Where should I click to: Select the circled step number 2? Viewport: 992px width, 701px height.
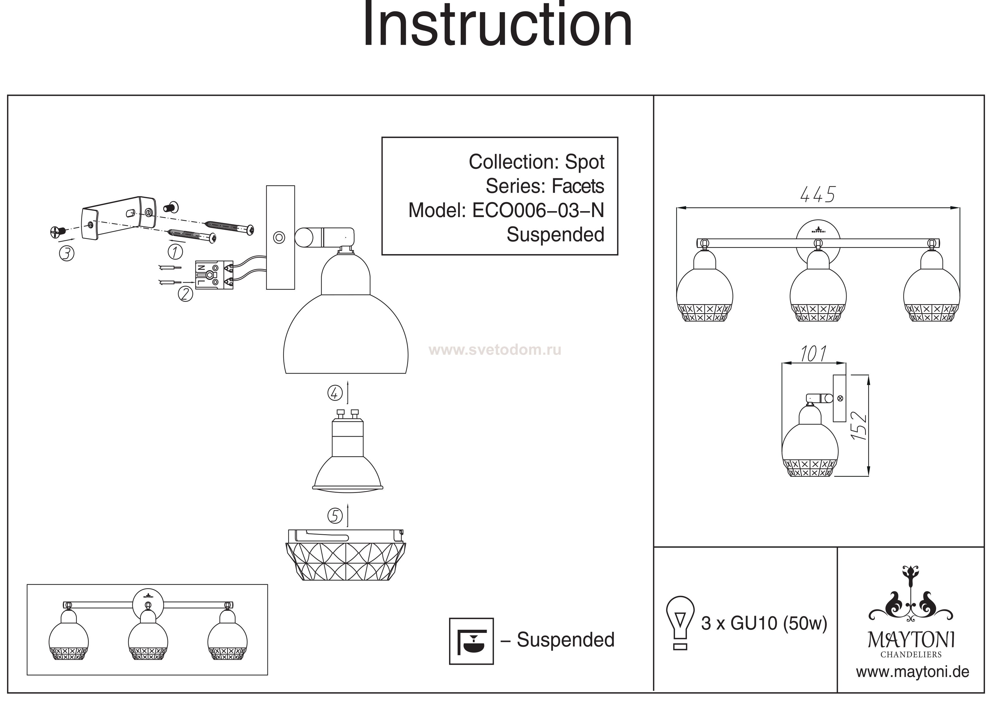tap(185, 294)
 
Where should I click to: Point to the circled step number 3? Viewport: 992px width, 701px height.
tap(66, 254)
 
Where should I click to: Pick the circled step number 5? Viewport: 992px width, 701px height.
tap(335, 516)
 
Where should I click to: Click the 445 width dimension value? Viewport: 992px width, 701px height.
tap(818, 195)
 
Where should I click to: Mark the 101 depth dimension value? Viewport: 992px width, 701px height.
tap(813, 354)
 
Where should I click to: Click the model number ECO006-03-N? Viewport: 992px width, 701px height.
tap(538, 210)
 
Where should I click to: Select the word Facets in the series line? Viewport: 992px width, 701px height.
tap(578, 186)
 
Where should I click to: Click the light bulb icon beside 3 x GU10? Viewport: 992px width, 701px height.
tap(680, 622)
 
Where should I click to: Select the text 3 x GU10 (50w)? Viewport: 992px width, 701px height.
tap(764, 623)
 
